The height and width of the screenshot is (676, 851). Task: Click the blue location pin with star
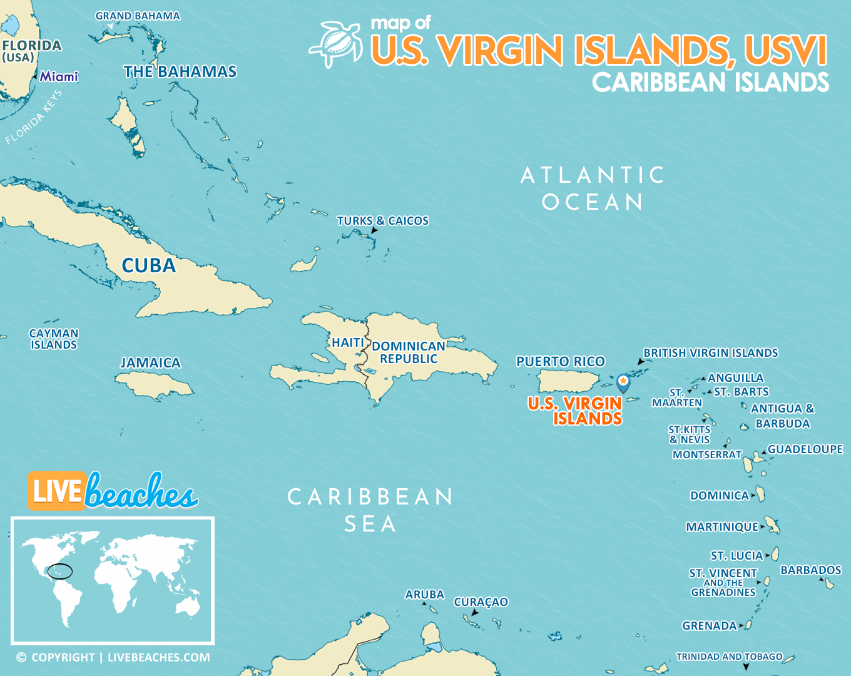(623, 382)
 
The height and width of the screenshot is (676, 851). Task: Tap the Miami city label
(59, 76)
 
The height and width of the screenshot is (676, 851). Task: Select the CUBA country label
(149, 265)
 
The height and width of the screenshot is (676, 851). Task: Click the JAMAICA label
(150, 363)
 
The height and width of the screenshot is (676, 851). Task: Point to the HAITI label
(348, 342)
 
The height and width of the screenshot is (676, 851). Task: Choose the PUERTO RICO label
(560, 361)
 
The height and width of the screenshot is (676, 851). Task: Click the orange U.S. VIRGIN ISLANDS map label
(575, 411)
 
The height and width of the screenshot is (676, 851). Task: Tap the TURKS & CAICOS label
(382, 221)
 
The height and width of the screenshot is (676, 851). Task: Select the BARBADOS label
(810, 570)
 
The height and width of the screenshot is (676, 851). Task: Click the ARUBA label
(424, 595)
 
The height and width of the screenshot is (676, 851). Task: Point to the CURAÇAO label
(481, 602)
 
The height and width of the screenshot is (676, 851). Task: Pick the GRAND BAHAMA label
(138, 16)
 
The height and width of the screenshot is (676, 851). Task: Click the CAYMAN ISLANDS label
(54, 339)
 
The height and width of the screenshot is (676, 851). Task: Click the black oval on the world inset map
(61, 571)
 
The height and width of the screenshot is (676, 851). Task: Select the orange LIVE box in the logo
(56, 491)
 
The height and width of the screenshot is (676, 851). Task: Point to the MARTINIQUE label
(721, 527)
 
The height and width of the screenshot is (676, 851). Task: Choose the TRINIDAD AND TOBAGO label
(729, 657)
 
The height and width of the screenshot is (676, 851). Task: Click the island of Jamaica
(153, 386)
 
